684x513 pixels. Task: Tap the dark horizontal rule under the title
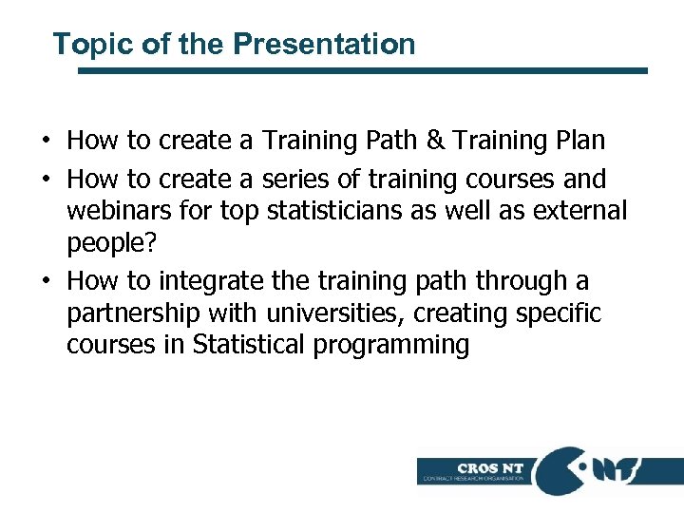coord(362,70)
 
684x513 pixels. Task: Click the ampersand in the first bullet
coord(435,142)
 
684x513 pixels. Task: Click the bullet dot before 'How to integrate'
coord(46,282)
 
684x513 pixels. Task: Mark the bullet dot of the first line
coord(46,142)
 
